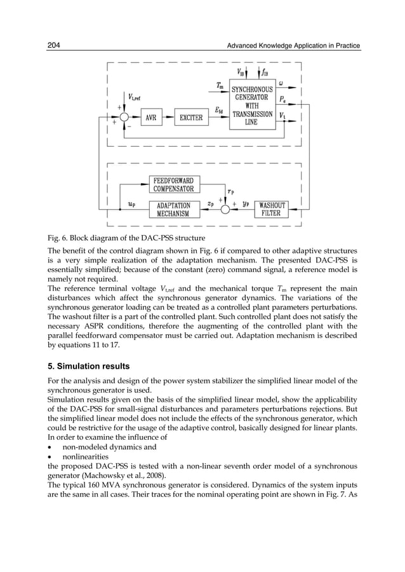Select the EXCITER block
[191, 118]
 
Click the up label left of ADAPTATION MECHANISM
[131, 205]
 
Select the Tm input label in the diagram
[219, 85]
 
